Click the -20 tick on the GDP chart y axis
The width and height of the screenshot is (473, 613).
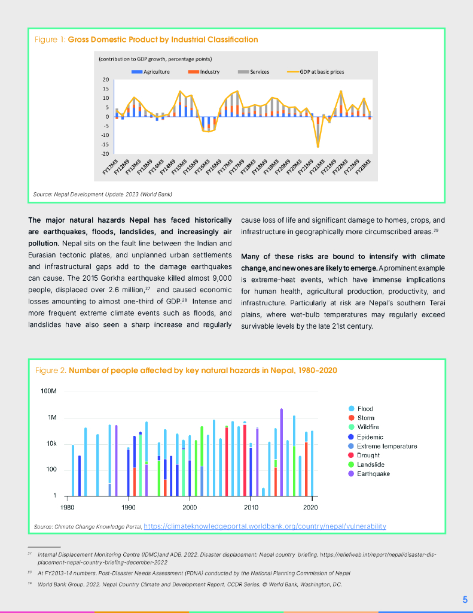[x=105, y=153]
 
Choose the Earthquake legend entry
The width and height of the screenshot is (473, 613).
[x=373, y=474]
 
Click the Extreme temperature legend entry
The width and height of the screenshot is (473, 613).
[x=387, y=446]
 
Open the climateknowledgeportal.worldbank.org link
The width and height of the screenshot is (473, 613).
[x=265, y=526]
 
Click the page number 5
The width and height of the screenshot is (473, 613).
[x=465, y=599]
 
